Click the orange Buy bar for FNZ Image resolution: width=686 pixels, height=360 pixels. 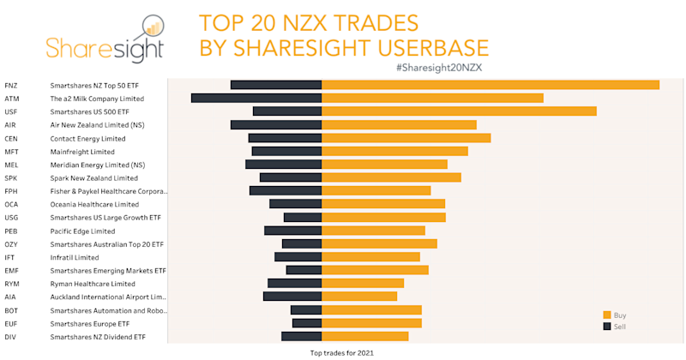point(490,85)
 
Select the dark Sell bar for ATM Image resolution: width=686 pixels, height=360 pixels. point(256,99)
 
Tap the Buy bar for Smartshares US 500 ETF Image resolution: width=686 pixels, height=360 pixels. point(459,111)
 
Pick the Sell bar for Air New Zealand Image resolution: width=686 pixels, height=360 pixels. point(275,125)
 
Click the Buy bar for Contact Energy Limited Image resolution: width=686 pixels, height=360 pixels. point(406,138)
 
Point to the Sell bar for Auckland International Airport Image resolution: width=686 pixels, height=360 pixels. point(292,297)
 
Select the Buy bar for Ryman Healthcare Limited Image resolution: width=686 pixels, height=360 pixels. point(362,284)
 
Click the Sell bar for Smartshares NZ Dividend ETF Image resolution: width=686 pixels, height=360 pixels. point(301,337)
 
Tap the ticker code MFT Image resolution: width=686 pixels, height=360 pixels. point(12,152)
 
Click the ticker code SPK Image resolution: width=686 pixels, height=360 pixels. point(11,178)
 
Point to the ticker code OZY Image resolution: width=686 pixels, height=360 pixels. point(11,244)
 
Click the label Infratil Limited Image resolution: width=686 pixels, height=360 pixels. point(75,257)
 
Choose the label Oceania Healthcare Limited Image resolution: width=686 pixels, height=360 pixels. point(94,205)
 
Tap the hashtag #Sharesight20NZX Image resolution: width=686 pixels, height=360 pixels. point(442,67)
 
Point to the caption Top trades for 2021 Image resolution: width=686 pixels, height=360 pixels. point(342,352)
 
